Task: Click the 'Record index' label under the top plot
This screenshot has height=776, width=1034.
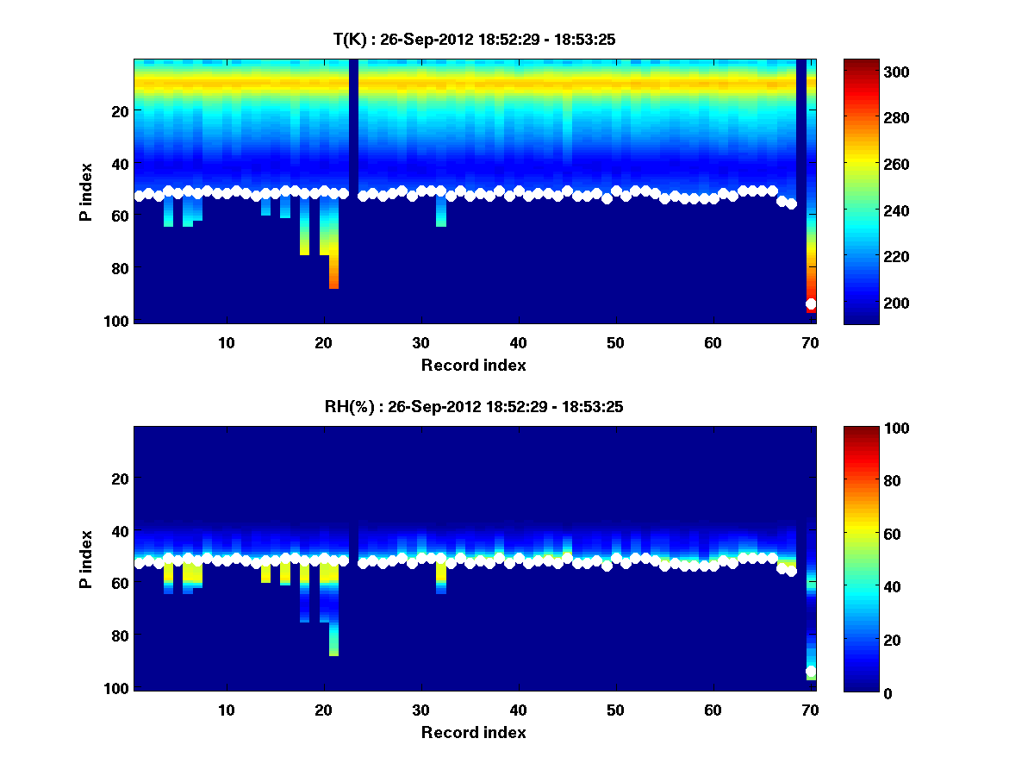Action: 474,365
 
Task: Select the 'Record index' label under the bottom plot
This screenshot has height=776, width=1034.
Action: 474,732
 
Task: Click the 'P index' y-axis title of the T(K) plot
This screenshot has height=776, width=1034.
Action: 86,191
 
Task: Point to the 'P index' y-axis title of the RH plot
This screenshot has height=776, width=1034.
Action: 86,559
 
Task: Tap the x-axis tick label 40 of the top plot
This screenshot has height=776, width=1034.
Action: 518,341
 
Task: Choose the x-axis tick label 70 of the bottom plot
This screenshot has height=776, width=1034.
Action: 810,710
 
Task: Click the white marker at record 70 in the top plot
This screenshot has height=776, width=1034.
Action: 811,304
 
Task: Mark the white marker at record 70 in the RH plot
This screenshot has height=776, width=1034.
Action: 811,672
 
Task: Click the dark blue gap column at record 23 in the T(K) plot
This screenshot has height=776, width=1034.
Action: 353,190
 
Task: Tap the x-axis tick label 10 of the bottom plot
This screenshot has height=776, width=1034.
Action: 226,710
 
